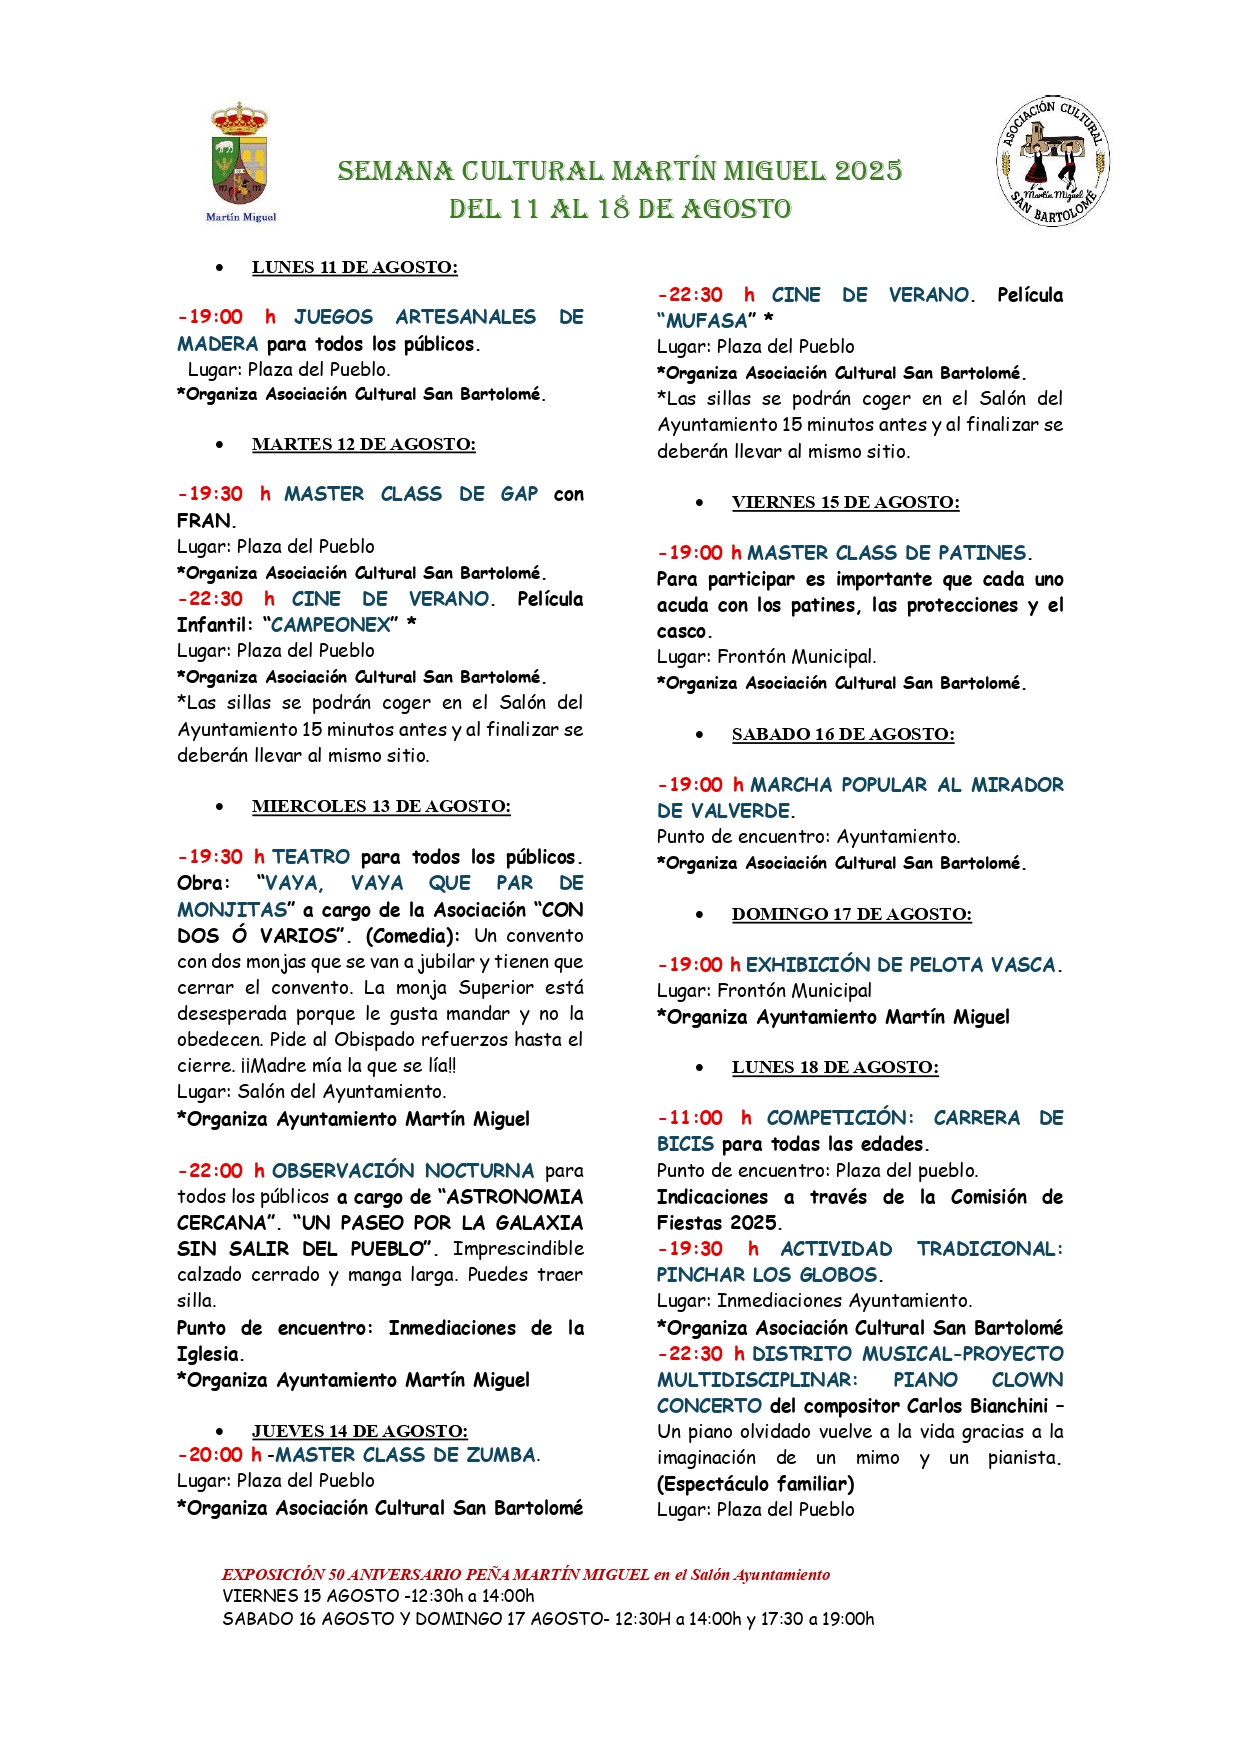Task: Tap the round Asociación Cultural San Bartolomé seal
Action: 1053,162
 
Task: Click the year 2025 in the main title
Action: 868,171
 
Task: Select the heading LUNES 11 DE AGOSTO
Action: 354,267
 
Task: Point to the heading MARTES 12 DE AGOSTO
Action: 363,444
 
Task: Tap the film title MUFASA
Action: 707,321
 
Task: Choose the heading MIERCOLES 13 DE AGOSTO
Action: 381,806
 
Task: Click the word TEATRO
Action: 311,857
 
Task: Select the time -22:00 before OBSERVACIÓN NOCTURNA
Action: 211,1170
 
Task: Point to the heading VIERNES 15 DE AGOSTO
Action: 845,502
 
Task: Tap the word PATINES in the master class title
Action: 982,553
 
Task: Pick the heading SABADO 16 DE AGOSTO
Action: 843,734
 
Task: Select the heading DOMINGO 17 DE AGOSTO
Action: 851,914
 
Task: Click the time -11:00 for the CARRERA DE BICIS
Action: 691,1118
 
